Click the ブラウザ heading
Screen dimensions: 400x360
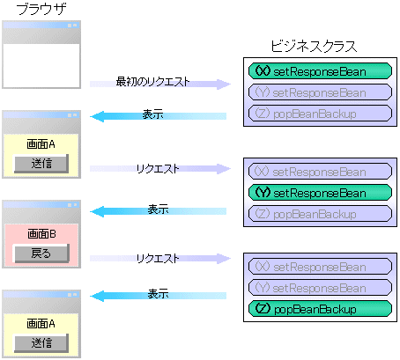pyautogui.click(x=41, y=9)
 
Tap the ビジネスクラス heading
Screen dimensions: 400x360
pyautogui.click(x=314, y=47)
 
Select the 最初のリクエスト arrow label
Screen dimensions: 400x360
pyautogui.click(x=152, y=81)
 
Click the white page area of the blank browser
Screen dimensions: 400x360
pyautogui.click(x=41, y=65)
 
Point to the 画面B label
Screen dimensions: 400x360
pyautogui.click(x=41, y=234)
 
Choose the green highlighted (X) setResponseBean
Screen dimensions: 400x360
pyautogui.click(x=320, y=71)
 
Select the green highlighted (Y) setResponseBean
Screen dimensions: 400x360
pyautogui.click(x=320, y=193)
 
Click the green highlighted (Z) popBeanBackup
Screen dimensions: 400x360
pyautogui.click(x=320, y=309)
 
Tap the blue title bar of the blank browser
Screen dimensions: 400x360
pyautogui.click(x=41, y=26)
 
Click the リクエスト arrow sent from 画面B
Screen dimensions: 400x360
pyautogui.click(x=160, y=259)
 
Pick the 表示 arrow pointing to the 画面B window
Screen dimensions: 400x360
pyautogui.click(x=159, y=211)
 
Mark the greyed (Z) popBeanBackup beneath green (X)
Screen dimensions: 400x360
pyautogui.click(x=320, y=114)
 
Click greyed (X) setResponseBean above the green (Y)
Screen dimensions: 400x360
pyautogui.click(x=320, y=172)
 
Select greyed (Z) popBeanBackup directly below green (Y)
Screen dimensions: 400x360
pyautogui.click(x=320, y=214)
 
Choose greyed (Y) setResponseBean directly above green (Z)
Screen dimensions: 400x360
pyautogui.click(x=320, y=288)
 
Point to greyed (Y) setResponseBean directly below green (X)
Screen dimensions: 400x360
pyautogui.click(x=320, y=92)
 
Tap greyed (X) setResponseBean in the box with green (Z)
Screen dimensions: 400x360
pyautogui.click(x=320, y=267)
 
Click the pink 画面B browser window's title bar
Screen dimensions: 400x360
pyautogui.click(x=41, y=205)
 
